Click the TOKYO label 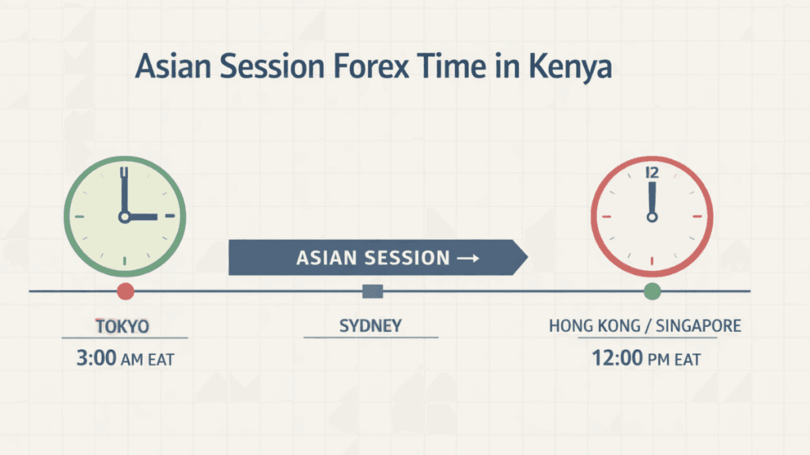click(x=123, y=325)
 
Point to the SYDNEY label click(x=370, y=325)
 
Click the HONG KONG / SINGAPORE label click(x=645, y=325)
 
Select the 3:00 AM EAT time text click(x=125, y=359)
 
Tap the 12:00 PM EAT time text click(x=646, y=359)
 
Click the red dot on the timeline click(x=125, y=291)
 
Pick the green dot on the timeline click(x=652, y=291)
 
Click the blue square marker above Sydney click(x=372, y=291)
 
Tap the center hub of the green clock click(x=124, y=216)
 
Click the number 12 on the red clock click(x=652, y=172)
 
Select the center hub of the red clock click(x=652, y=216)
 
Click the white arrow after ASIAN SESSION click(x=467, y=258)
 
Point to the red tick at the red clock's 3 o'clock click(x=697, y=216)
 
